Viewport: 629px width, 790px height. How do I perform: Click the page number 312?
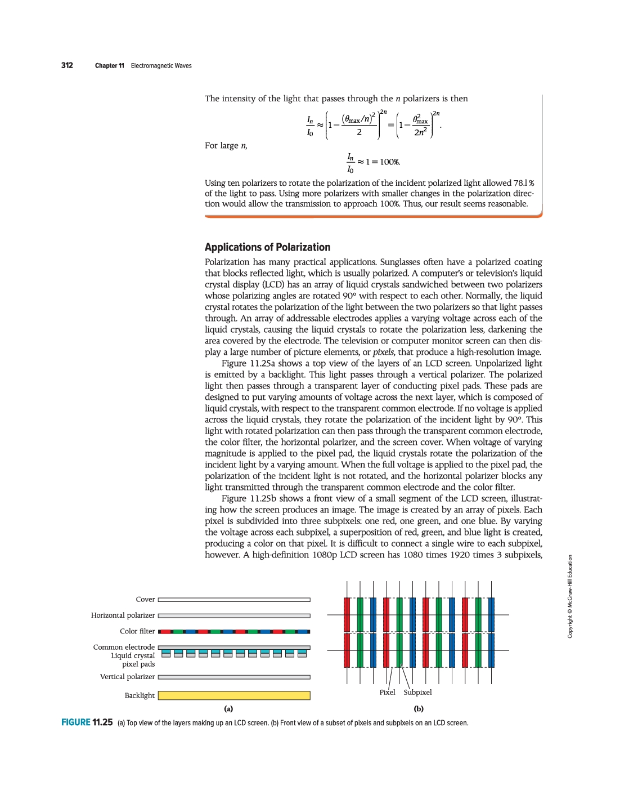(x=67, y=65)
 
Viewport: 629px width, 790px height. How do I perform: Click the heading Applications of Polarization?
(x=267, y=247)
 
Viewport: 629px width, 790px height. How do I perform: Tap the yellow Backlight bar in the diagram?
(x=234, y=695)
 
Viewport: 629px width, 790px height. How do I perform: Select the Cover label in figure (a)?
(x=145, y=600)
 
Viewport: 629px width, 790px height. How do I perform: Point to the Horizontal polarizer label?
(x=123, y=615)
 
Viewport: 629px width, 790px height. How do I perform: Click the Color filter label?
(x=137, y=631)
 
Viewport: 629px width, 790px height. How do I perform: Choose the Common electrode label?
(x=124, y=648)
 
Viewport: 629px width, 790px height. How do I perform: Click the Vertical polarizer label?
(x=127, y=677)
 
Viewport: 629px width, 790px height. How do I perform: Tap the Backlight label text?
(x=140, y=696)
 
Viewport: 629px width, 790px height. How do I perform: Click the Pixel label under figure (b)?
(x=387, y=693)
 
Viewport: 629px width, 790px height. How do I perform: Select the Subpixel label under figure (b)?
(x=417, y=693)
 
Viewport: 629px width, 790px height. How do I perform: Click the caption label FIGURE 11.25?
(x=87, y=722)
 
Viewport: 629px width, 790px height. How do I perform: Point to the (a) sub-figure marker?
(x=228, y=709)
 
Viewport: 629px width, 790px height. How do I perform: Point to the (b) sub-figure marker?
(x=419, y=709)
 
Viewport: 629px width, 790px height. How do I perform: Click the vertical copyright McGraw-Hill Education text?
(x=570, y=596)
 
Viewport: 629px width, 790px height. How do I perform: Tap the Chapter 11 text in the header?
(x=110, y=66)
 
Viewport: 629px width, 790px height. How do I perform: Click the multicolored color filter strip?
(x=234, y=632)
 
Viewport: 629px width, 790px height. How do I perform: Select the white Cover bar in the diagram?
(x=234, y=600)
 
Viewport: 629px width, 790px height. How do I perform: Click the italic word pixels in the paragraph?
(x=383, y=352)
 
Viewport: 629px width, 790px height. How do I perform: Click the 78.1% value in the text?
(x=523, y=183)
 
